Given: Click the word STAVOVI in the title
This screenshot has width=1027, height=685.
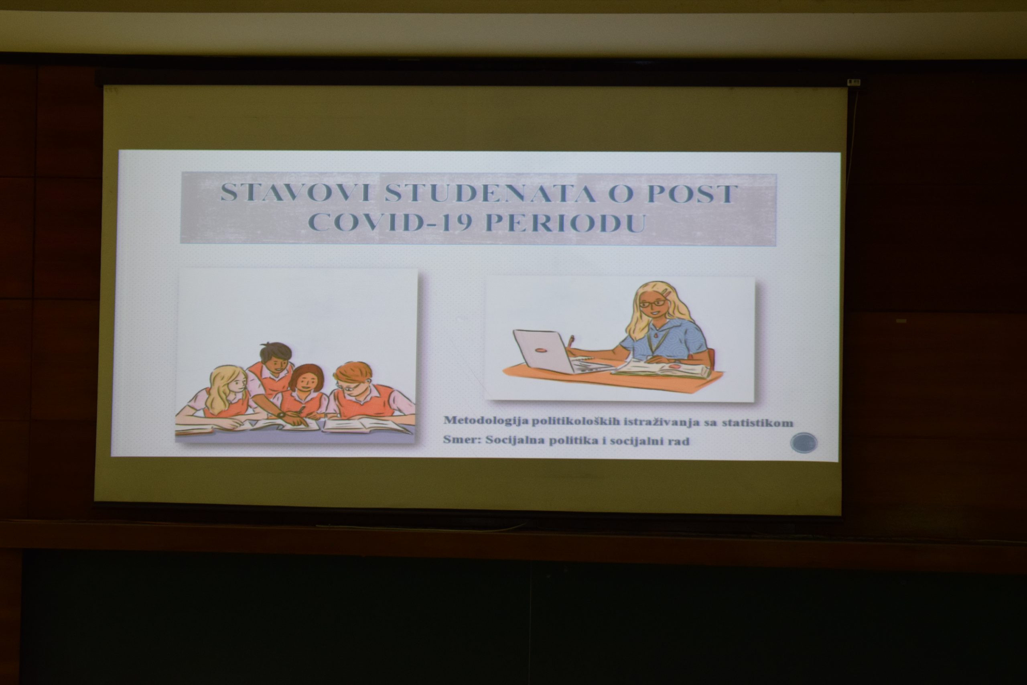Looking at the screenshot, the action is [296, 193].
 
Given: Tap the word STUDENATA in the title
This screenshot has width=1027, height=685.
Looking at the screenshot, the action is [490, 193].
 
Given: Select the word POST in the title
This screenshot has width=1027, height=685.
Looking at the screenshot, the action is [692, 194].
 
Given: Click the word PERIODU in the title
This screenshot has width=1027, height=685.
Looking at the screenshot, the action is [566, 222].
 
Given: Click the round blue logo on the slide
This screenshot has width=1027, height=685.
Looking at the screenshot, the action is [804, 443].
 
